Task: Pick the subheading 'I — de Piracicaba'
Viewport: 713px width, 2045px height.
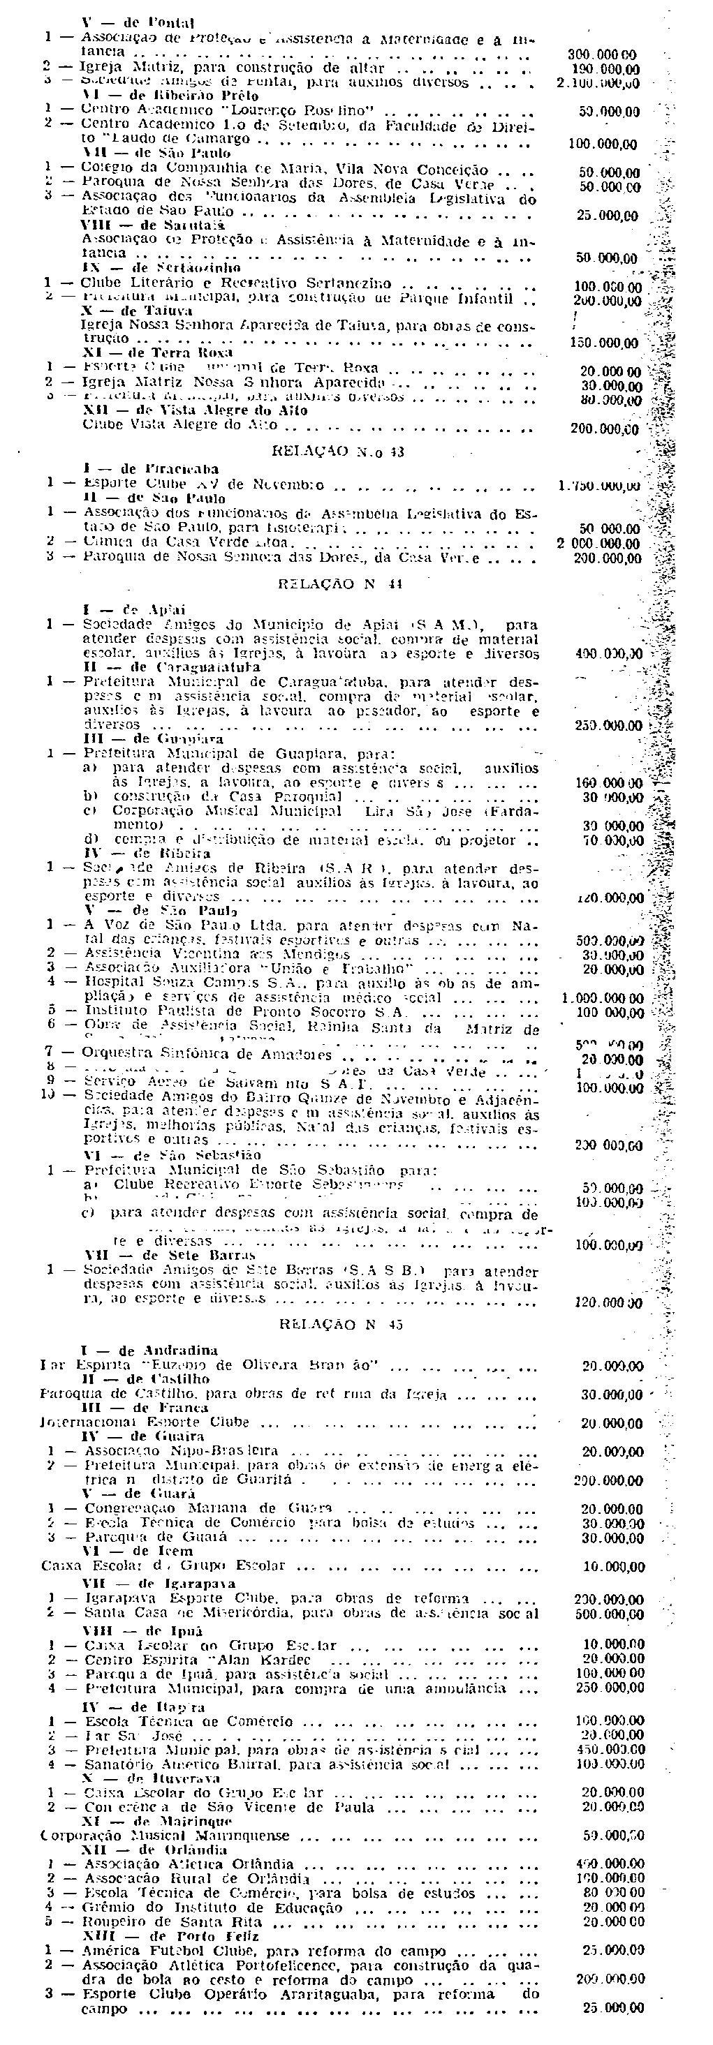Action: (150, 469)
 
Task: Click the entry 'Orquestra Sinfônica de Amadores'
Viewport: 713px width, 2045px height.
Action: (207, 1055)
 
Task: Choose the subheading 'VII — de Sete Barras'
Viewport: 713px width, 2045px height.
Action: (170, 1255)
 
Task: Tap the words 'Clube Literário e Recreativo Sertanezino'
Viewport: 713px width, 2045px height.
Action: (235, 283)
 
